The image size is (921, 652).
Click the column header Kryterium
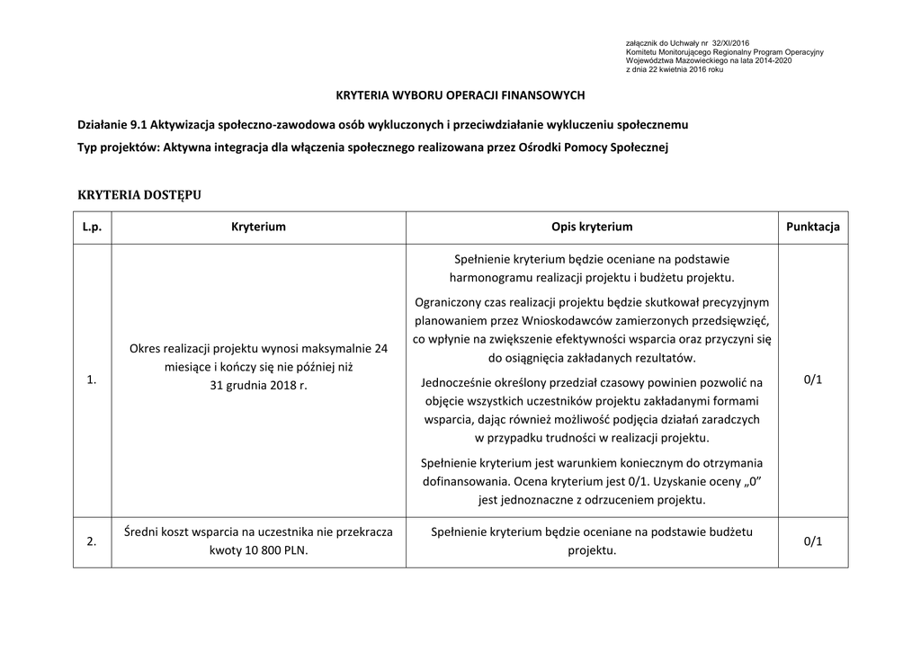pos(258,227)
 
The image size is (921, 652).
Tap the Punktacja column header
pos(812,227)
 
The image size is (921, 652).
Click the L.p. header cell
pos(92,227)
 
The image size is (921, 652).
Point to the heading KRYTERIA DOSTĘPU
pos(139,194)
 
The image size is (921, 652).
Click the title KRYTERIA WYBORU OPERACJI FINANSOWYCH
pos(460,94)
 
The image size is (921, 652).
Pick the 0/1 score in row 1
pos(812,380)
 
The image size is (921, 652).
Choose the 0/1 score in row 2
pos(812,541)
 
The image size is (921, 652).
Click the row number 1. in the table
pos(92,381)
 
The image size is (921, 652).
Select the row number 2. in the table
pos(92,541)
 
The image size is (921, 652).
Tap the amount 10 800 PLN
pos(270,550)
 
